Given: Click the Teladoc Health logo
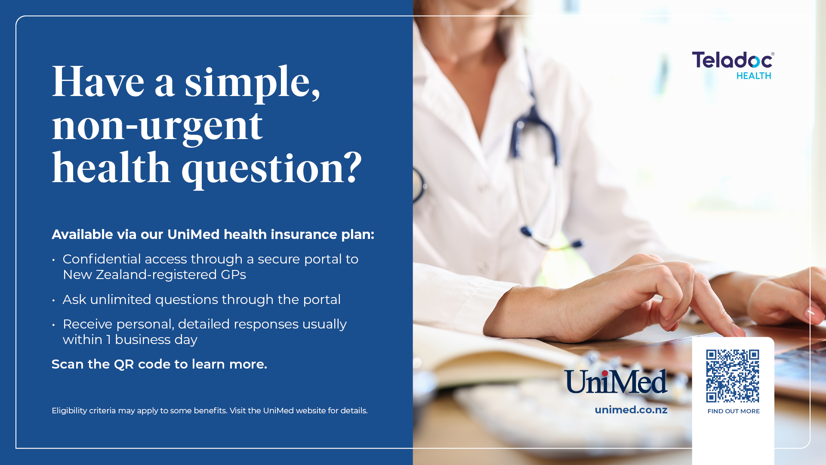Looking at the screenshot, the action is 733,65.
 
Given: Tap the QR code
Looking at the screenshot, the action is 733,376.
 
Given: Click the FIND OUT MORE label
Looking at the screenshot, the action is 734,411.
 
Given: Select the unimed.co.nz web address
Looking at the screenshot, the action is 631,410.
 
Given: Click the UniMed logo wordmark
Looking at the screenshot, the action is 616,381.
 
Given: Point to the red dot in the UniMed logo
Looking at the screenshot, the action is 605,373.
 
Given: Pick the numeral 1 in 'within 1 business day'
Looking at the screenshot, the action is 109,340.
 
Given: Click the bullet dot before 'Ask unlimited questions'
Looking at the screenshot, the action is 53,300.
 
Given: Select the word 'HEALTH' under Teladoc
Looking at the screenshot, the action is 754,76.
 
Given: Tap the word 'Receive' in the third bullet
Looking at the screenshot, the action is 88,324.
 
